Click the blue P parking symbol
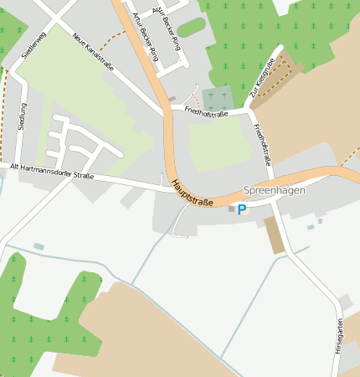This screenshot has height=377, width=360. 242,209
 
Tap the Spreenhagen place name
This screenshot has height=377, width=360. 274,191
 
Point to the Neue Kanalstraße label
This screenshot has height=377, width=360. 93,52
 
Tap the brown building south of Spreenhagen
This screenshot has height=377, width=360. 274,235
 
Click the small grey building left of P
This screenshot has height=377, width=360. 232,209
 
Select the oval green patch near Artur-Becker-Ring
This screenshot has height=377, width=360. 191,28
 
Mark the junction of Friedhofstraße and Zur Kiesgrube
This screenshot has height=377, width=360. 249,108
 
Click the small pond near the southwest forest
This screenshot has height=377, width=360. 39,246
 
